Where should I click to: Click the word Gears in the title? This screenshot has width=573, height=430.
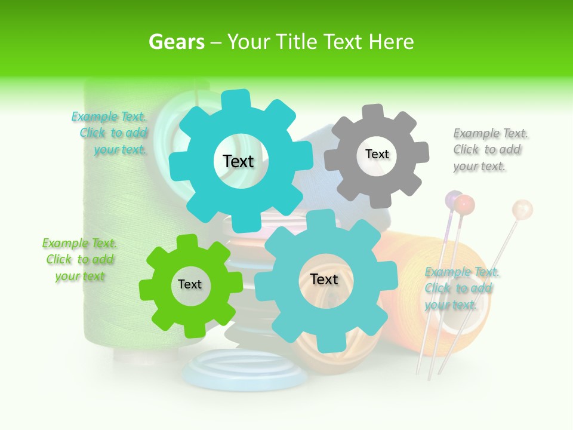[x=176, y=42]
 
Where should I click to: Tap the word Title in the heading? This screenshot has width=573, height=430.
[x=297, y=42]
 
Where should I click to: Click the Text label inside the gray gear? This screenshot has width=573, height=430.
[x=377, y=154]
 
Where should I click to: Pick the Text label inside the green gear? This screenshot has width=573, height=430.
[x=190, y=284]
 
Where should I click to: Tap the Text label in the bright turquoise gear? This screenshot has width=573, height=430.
[x=238, y=161]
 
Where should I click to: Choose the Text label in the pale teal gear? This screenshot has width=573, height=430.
[x=324, y=279]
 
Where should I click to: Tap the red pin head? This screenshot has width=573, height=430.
[x=464, y=204]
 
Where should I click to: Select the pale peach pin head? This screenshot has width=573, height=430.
[x=522, y=209]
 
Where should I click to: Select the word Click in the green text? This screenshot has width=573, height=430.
[x=59, y=259]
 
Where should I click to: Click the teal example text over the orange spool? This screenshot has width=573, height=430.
[x=461, y=288]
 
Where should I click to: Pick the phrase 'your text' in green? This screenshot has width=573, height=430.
[x=80, y=276]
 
